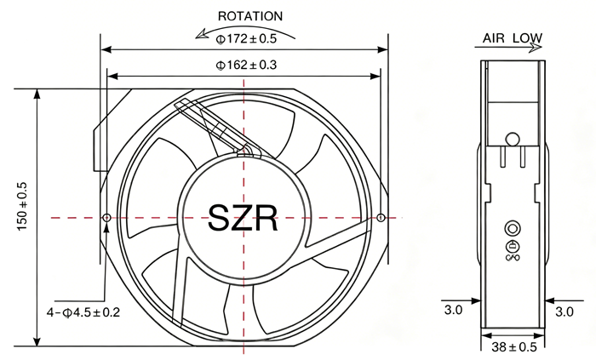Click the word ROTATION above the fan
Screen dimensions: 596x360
pos(250,16)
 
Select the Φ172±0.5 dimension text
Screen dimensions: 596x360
pos(246,39)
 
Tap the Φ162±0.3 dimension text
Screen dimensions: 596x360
pos(246,65)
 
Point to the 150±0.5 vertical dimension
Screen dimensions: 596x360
pos(22,206)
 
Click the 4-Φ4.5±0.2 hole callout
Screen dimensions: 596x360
pos(83,312)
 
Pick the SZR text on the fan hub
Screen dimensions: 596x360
pos(243,218)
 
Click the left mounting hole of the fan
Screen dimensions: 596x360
pos(106,218)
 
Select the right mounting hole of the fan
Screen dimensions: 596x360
pos(381,218)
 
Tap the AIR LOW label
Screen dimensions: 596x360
pos(513,38)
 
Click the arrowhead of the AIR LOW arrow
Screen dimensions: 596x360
pos(536,48)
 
